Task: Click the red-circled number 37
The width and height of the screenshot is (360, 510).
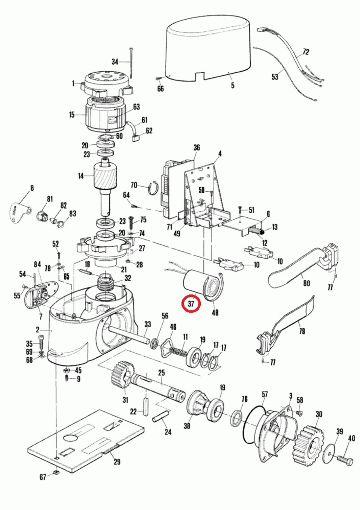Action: click(191, 304)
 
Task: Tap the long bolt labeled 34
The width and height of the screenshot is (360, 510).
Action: click(131, 62)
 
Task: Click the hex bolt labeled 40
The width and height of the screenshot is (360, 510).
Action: click(345, 459)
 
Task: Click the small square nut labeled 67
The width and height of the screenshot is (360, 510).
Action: click(56, 473)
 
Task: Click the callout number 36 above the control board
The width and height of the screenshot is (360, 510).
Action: click(196, 147)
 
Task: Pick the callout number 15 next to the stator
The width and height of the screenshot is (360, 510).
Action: click(72, 115)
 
